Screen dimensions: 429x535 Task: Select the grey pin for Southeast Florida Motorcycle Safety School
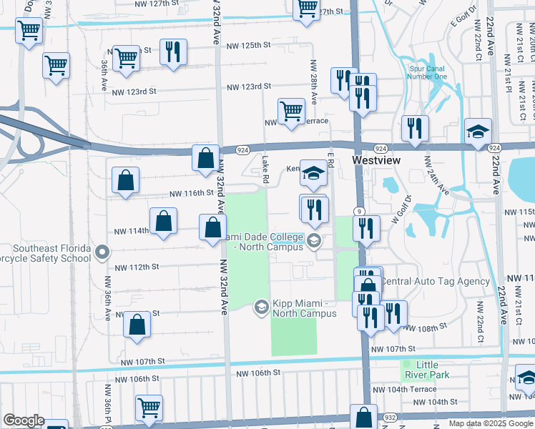(x=102, y=251)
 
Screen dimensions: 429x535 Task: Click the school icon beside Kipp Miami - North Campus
(x=261, y=307)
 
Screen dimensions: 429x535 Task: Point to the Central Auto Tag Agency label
(x=435, y=282)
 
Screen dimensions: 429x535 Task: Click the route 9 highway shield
(x=360, y=211)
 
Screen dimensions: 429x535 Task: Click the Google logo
(x=24, y=420)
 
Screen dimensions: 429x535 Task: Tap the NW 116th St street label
(x=191, y=193)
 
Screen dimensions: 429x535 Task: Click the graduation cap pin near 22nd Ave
(x=478, y=132)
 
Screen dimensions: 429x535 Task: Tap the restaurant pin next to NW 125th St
(x=173, y=53)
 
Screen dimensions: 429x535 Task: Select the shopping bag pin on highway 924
(x=205, y=159)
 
